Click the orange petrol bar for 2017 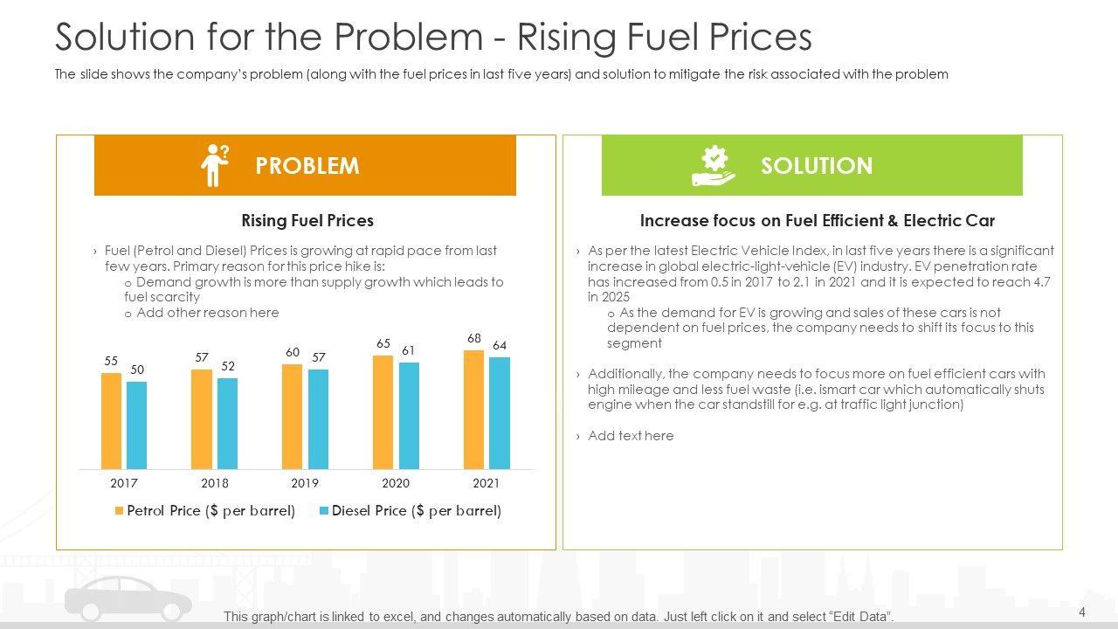[x=111, y=421]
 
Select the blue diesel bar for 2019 [x=318, y=419]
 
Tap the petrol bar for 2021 [x=473, y=410]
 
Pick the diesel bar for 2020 [x=409, y=416]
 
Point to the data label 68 [x=473, y=338]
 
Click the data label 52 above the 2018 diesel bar [x=227, y=367]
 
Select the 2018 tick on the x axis [x=214, y=483]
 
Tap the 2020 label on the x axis [x=396, y=483]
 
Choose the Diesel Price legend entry [x=410, y=511]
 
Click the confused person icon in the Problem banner [x=213, y=165]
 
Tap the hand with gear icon [x=714, y=166]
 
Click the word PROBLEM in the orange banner [x=307, y=166]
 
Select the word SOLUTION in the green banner [x=816, y=166]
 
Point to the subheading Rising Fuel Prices [x=307, y=221]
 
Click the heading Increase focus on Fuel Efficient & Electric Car [x=817, y=221]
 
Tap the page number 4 [x=1082, y=612]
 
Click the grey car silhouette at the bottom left [x=128, y=601]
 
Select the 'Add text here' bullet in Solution [x=631, y=436]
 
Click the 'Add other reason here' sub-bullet [x=207, y=313]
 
